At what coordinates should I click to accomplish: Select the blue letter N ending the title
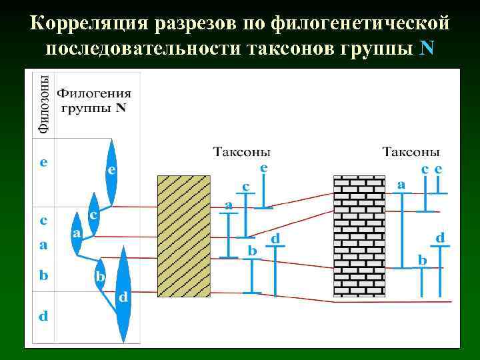[x=428, y=49]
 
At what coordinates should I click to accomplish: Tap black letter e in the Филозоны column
[x=43, y=162]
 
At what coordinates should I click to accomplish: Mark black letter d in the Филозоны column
[x=43, y=315]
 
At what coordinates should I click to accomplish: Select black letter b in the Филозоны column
[x=43, y=274]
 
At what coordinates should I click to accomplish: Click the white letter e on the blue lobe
[x=112, y=170]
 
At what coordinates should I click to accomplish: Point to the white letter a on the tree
[x=77, y=233]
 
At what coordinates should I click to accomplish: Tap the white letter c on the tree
[x=94, y=215]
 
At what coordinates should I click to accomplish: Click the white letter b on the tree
[x=100, y=275]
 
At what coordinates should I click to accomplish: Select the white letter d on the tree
[x=123, y=297]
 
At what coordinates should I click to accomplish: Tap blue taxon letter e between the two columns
[x=265, y=169]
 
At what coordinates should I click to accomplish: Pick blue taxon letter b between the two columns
[x=253, y=250]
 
